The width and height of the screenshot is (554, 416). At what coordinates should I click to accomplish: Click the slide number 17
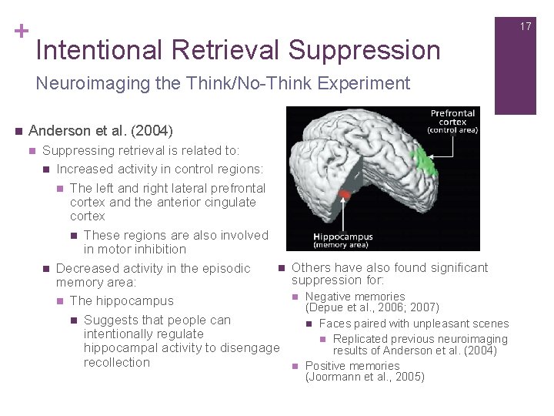coord(526,26)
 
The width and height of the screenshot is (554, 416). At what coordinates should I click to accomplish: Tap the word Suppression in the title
coord(365,50)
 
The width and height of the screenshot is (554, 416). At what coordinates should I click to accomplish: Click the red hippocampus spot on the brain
coord(345,196)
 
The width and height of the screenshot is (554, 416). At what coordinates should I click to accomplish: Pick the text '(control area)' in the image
coord(453,129)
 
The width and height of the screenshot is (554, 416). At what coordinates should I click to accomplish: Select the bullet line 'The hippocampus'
coord(122,300)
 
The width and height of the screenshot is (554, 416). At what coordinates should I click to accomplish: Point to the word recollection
coord(116,362)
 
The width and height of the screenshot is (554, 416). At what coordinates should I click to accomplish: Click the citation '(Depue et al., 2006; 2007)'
coord(372,307)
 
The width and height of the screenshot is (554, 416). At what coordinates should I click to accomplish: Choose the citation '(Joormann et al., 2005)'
coord(365,377)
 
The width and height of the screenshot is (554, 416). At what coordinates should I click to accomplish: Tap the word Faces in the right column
coord(335,324)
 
